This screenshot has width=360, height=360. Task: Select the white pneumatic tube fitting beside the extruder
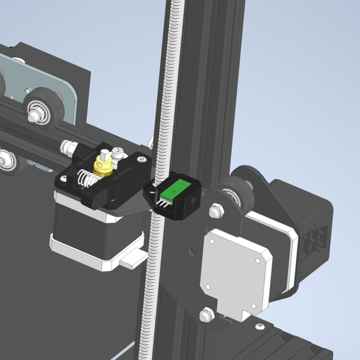tap(70, 147)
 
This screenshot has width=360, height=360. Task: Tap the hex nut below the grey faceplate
tap(206, 314)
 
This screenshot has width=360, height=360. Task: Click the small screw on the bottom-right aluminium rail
tap(260, 326)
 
